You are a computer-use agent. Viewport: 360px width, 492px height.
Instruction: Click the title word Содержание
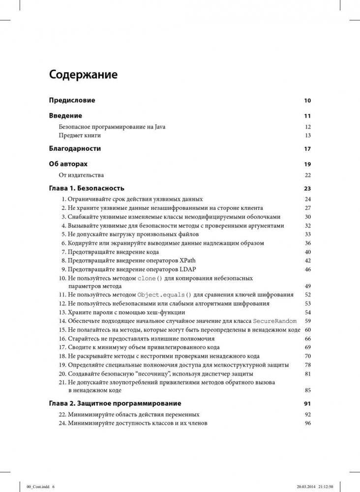pos(83,75)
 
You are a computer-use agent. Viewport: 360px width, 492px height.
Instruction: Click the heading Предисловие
pos(72,100)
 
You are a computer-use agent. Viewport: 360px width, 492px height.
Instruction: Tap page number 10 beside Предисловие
pos(307,101)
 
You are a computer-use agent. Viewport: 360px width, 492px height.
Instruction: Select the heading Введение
pos(65,116)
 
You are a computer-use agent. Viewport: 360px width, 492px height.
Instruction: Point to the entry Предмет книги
pos(80,135)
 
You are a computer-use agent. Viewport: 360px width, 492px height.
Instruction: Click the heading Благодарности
pos(75,148)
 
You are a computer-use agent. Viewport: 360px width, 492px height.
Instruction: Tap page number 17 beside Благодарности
pos(307,149)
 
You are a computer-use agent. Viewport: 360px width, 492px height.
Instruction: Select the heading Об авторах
pos(68,164)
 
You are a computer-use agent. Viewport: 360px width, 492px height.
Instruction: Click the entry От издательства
pos(81,175)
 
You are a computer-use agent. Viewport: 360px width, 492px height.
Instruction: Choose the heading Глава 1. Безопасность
pos(87,188)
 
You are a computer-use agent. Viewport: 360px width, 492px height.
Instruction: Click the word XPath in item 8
pos(192,260)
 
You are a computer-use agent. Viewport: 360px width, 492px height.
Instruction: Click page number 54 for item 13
pos(308,313)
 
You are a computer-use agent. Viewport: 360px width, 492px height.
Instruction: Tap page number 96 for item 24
pos(308,423)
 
